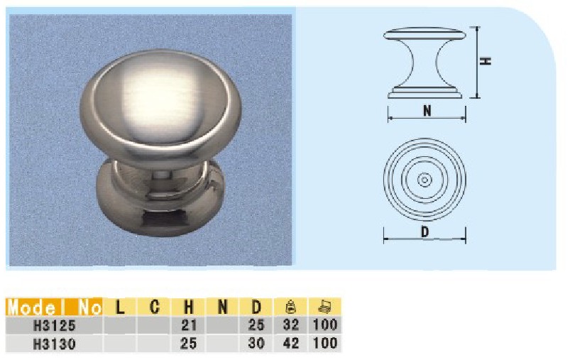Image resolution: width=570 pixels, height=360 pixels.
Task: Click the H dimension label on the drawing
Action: click(x=485, y=61)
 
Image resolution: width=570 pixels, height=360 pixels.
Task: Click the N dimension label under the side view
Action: click(x=427, y=110)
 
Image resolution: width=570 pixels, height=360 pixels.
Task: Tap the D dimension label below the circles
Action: click(x=424, y=231)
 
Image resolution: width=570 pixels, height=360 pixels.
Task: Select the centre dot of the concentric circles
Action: click(x=424, y=180)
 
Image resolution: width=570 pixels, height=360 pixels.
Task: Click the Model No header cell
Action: click(x=55, y=307)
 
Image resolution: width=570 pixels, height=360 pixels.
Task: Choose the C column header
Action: click(x=154, y=307)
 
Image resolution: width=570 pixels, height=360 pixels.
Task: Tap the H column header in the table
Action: click(x=188, y=307)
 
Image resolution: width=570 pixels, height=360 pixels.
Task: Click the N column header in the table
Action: click(x=222, y=307)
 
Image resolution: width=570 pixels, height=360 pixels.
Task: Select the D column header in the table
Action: click(x=256, y=307)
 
